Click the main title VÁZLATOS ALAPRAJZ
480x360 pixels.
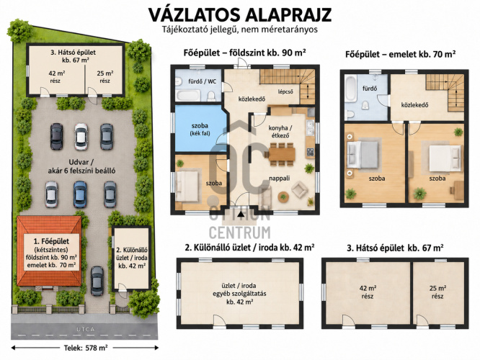tap(240, 15)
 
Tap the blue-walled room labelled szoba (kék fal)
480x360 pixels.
tap(200, 128)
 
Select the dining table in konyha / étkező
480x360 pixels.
tap(282, 154)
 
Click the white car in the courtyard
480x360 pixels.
tap(81, 136)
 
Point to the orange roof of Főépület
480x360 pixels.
tap(49, 251)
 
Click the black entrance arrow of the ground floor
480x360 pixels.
tap(241, 214)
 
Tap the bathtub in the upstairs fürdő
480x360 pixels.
tap(351, 89)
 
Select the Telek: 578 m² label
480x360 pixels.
tap(86, 348)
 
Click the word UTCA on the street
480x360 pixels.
tap(86, 330)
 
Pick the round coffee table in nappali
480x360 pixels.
tap(283, 196)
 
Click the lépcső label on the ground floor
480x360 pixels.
tap(285, 91)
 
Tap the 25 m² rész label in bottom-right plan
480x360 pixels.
tap(437, 292)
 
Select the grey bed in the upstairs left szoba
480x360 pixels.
tap(363, 155)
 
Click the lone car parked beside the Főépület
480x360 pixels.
tap(97, 281)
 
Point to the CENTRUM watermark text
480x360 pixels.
tap(240, 233)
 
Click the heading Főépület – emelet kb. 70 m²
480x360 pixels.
tap(401, 55)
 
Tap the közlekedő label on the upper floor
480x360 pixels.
tap(415, 105)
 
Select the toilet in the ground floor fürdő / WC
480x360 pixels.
tap(211, 96)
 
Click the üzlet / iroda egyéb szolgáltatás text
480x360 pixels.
tap(239, 294)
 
